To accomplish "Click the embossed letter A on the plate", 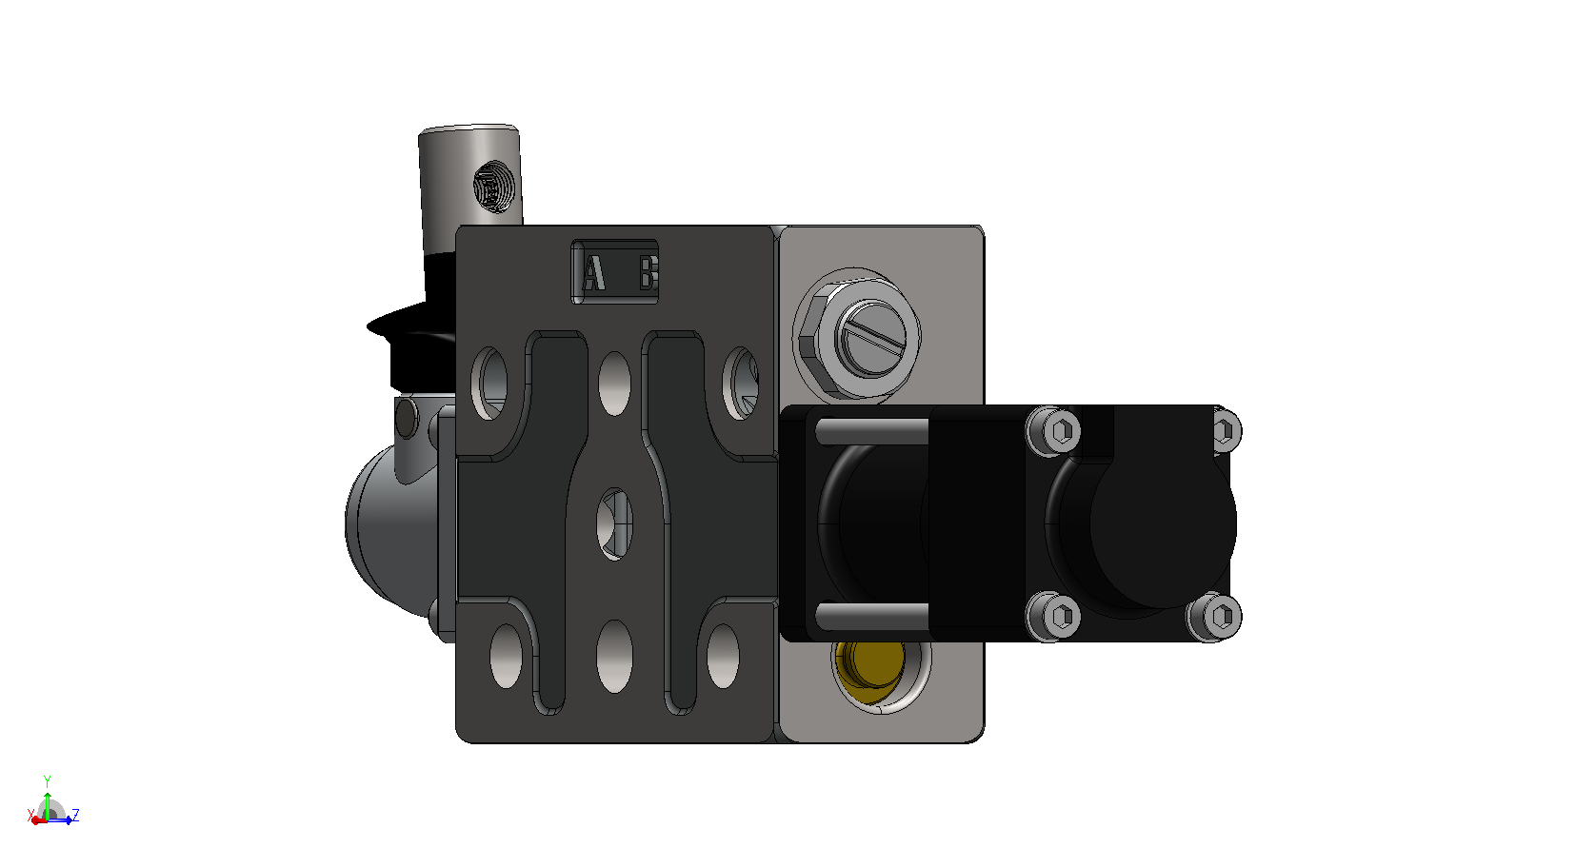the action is click(594, 272).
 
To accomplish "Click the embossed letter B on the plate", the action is click(648, 272).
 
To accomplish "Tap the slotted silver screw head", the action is click(874, 338).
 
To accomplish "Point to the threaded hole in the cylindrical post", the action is click(494, 187).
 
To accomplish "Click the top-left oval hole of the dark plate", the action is click(490, 383).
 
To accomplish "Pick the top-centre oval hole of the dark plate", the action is click(614, 384).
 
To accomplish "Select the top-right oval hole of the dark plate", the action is click(741, 383).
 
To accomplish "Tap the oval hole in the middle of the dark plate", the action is click(614, 523).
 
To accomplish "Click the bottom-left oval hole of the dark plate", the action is click(506, 656).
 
